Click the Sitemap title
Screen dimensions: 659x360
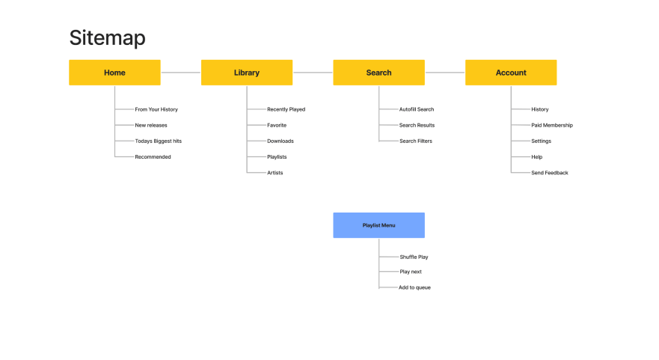pyautogui.click(x=107, y=38)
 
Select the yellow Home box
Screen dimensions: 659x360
pyautogui.click(x=114, y=73)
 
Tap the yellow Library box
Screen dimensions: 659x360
pyautogui.click(x=247, y=73)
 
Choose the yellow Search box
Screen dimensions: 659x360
pyautogui.click(x=378, y=73)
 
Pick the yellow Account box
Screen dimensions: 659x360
pyautogui.click(x=511, y=73)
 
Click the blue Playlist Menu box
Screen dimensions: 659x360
pyautogui.click(x=378, y=225)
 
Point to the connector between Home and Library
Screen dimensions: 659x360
pyautogui.click(x=181, y=73)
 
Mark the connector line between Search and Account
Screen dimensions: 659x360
pyautogui.click(x=445, y=73)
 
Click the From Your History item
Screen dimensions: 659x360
pyautogui.click(x=156, y=109)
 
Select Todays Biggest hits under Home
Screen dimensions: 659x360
pyautogui.click(x=159, y=141)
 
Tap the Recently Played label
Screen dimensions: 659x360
pyautogui.click(x=286, y=109)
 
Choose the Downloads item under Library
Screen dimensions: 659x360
pyautogui.click(x=281, y=141)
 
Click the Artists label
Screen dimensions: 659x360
pyautogui.click(x=275, y=173)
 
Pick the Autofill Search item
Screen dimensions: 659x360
pyautogui.click(x=417, y=109)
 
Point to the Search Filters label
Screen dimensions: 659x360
pyautogui.click(x=416, y=141)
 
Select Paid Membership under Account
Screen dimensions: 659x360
pyautogui.click(x=552, y=125)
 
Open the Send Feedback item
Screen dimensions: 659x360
pyautogui.click(x=549, y=173)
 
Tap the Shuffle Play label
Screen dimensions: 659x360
pyautogui.click(x=414, y=257)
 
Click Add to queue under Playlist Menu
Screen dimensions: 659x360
pyautogui.click(x=414, y=287)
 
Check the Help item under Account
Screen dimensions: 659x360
pyautogui.click(x=536, y=157)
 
